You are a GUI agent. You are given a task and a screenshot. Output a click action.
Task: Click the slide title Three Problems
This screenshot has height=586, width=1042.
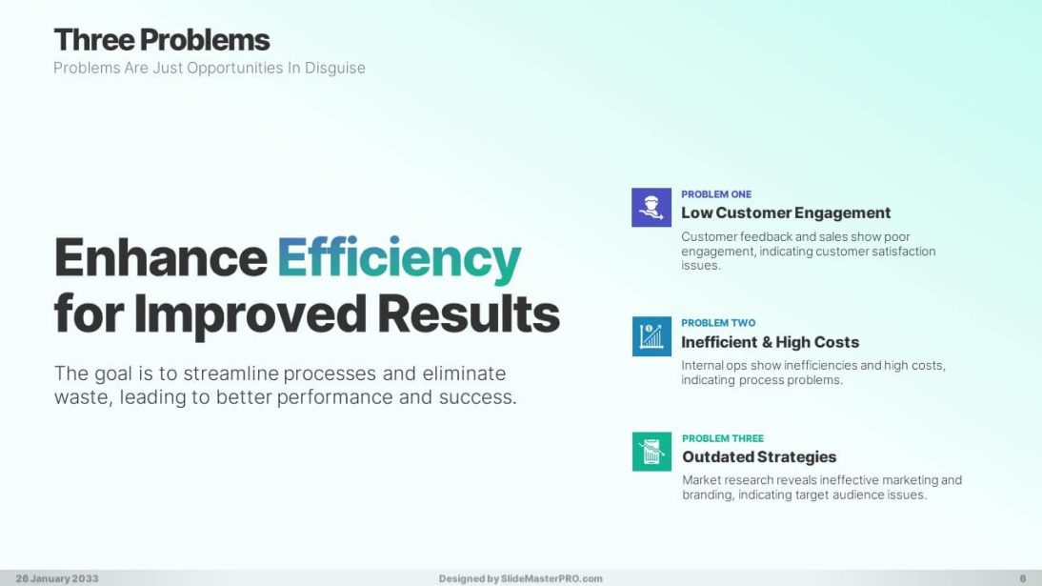point(162,40)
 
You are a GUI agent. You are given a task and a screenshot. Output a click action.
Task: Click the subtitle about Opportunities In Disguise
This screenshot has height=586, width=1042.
point(210,68)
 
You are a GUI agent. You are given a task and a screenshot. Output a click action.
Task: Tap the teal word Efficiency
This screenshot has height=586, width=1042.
point(399,258)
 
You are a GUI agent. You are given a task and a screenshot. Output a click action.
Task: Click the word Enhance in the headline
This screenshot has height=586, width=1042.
point(160,258)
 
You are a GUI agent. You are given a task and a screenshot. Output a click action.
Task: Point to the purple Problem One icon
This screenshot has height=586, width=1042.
point(651,208)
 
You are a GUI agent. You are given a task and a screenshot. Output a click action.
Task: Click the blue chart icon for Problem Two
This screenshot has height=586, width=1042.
point(651,336)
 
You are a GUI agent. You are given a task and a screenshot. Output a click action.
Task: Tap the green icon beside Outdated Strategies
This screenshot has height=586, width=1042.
point(651,452)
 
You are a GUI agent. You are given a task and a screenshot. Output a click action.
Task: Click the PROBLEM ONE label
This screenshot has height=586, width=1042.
point(716,194)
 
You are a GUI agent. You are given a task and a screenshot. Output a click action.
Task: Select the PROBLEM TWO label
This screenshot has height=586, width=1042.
point(718,323)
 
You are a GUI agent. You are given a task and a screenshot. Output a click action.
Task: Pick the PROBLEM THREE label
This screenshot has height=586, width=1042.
point(723,438)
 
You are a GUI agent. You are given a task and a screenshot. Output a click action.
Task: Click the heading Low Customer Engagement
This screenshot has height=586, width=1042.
point(786,212)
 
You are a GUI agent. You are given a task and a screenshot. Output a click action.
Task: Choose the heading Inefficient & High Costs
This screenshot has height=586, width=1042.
point(770,342)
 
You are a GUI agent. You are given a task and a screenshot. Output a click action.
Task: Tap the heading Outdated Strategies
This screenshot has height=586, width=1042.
point(759,457)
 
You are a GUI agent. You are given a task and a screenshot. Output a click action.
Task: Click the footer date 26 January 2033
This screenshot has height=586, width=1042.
point(56,578)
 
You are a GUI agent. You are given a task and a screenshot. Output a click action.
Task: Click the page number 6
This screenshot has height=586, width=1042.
point(1022,578)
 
